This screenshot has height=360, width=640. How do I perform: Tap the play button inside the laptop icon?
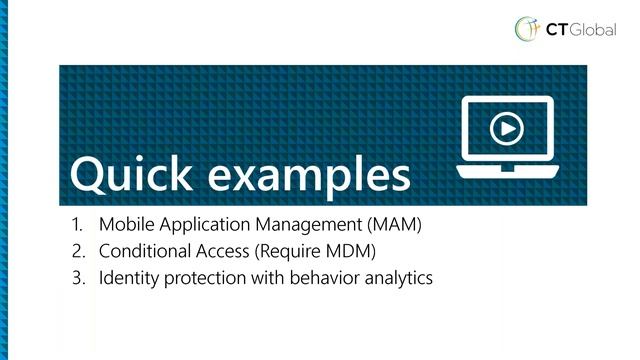[506, 128]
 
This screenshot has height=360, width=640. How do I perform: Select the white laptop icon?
[506, 136]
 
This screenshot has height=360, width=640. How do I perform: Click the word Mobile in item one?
[123, 225]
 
